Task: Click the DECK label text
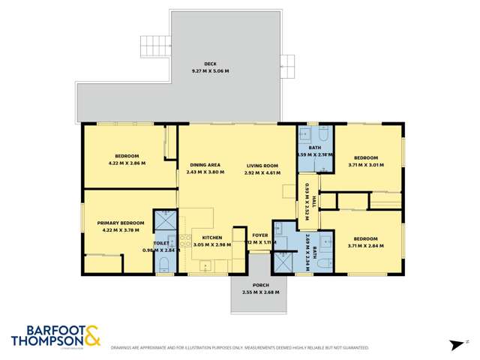click(x=210, y=64)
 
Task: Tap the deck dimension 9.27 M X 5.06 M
click(x=210, y=70)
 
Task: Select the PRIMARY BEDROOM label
click(x=121, y=223)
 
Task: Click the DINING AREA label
click(x=204, y=165)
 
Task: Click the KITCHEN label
click(x=211, y=238)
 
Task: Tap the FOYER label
click(x=260, y=235)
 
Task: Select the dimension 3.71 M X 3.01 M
click(x=366, y=165)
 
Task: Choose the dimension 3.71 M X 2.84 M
click(x=366, y=245)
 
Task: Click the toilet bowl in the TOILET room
click(x=163, y=262)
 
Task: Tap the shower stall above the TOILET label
click(x=165, y=220)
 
